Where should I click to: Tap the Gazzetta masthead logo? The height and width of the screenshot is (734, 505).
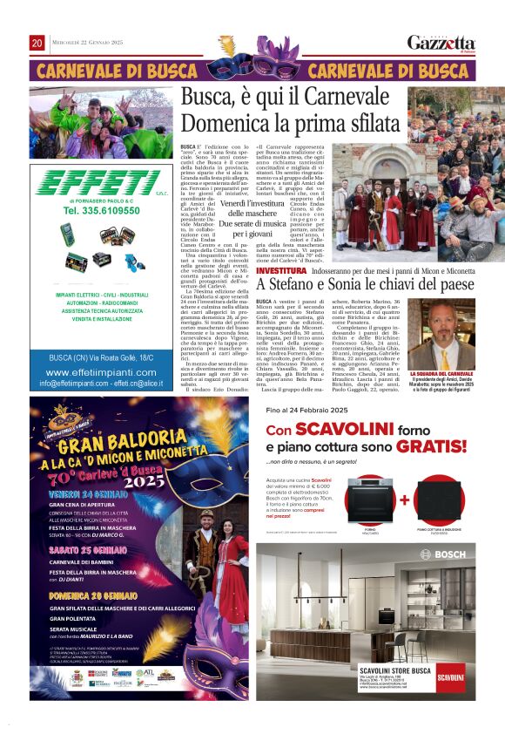coord(441,43)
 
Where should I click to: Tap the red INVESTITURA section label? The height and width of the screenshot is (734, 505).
coord(281,272)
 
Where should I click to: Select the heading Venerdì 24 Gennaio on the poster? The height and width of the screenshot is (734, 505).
coord(84,493)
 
